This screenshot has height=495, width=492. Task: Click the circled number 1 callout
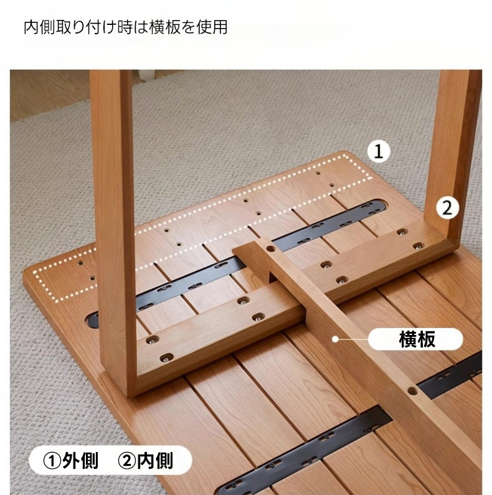point(379,151)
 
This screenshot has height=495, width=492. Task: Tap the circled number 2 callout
point(447,208)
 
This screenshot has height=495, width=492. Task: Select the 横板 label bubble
point(415,339)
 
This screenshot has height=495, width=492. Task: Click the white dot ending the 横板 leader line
point(335,339)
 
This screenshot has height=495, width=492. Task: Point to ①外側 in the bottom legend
point(70,461)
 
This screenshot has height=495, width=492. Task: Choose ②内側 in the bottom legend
point(145,461)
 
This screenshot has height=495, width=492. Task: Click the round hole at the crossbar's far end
point(270,248)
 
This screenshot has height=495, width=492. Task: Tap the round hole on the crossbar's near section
point(412,391)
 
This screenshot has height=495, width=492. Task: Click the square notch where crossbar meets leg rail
point(273,276)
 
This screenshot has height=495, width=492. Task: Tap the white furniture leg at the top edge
point(146,76)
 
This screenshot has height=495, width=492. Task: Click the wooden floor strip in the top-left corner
point(47,95)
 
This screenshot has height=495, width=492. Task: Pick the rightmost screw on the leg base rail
point(419,245)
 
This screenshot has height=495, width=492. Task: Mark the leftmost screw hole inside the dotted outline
point(81,263)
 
